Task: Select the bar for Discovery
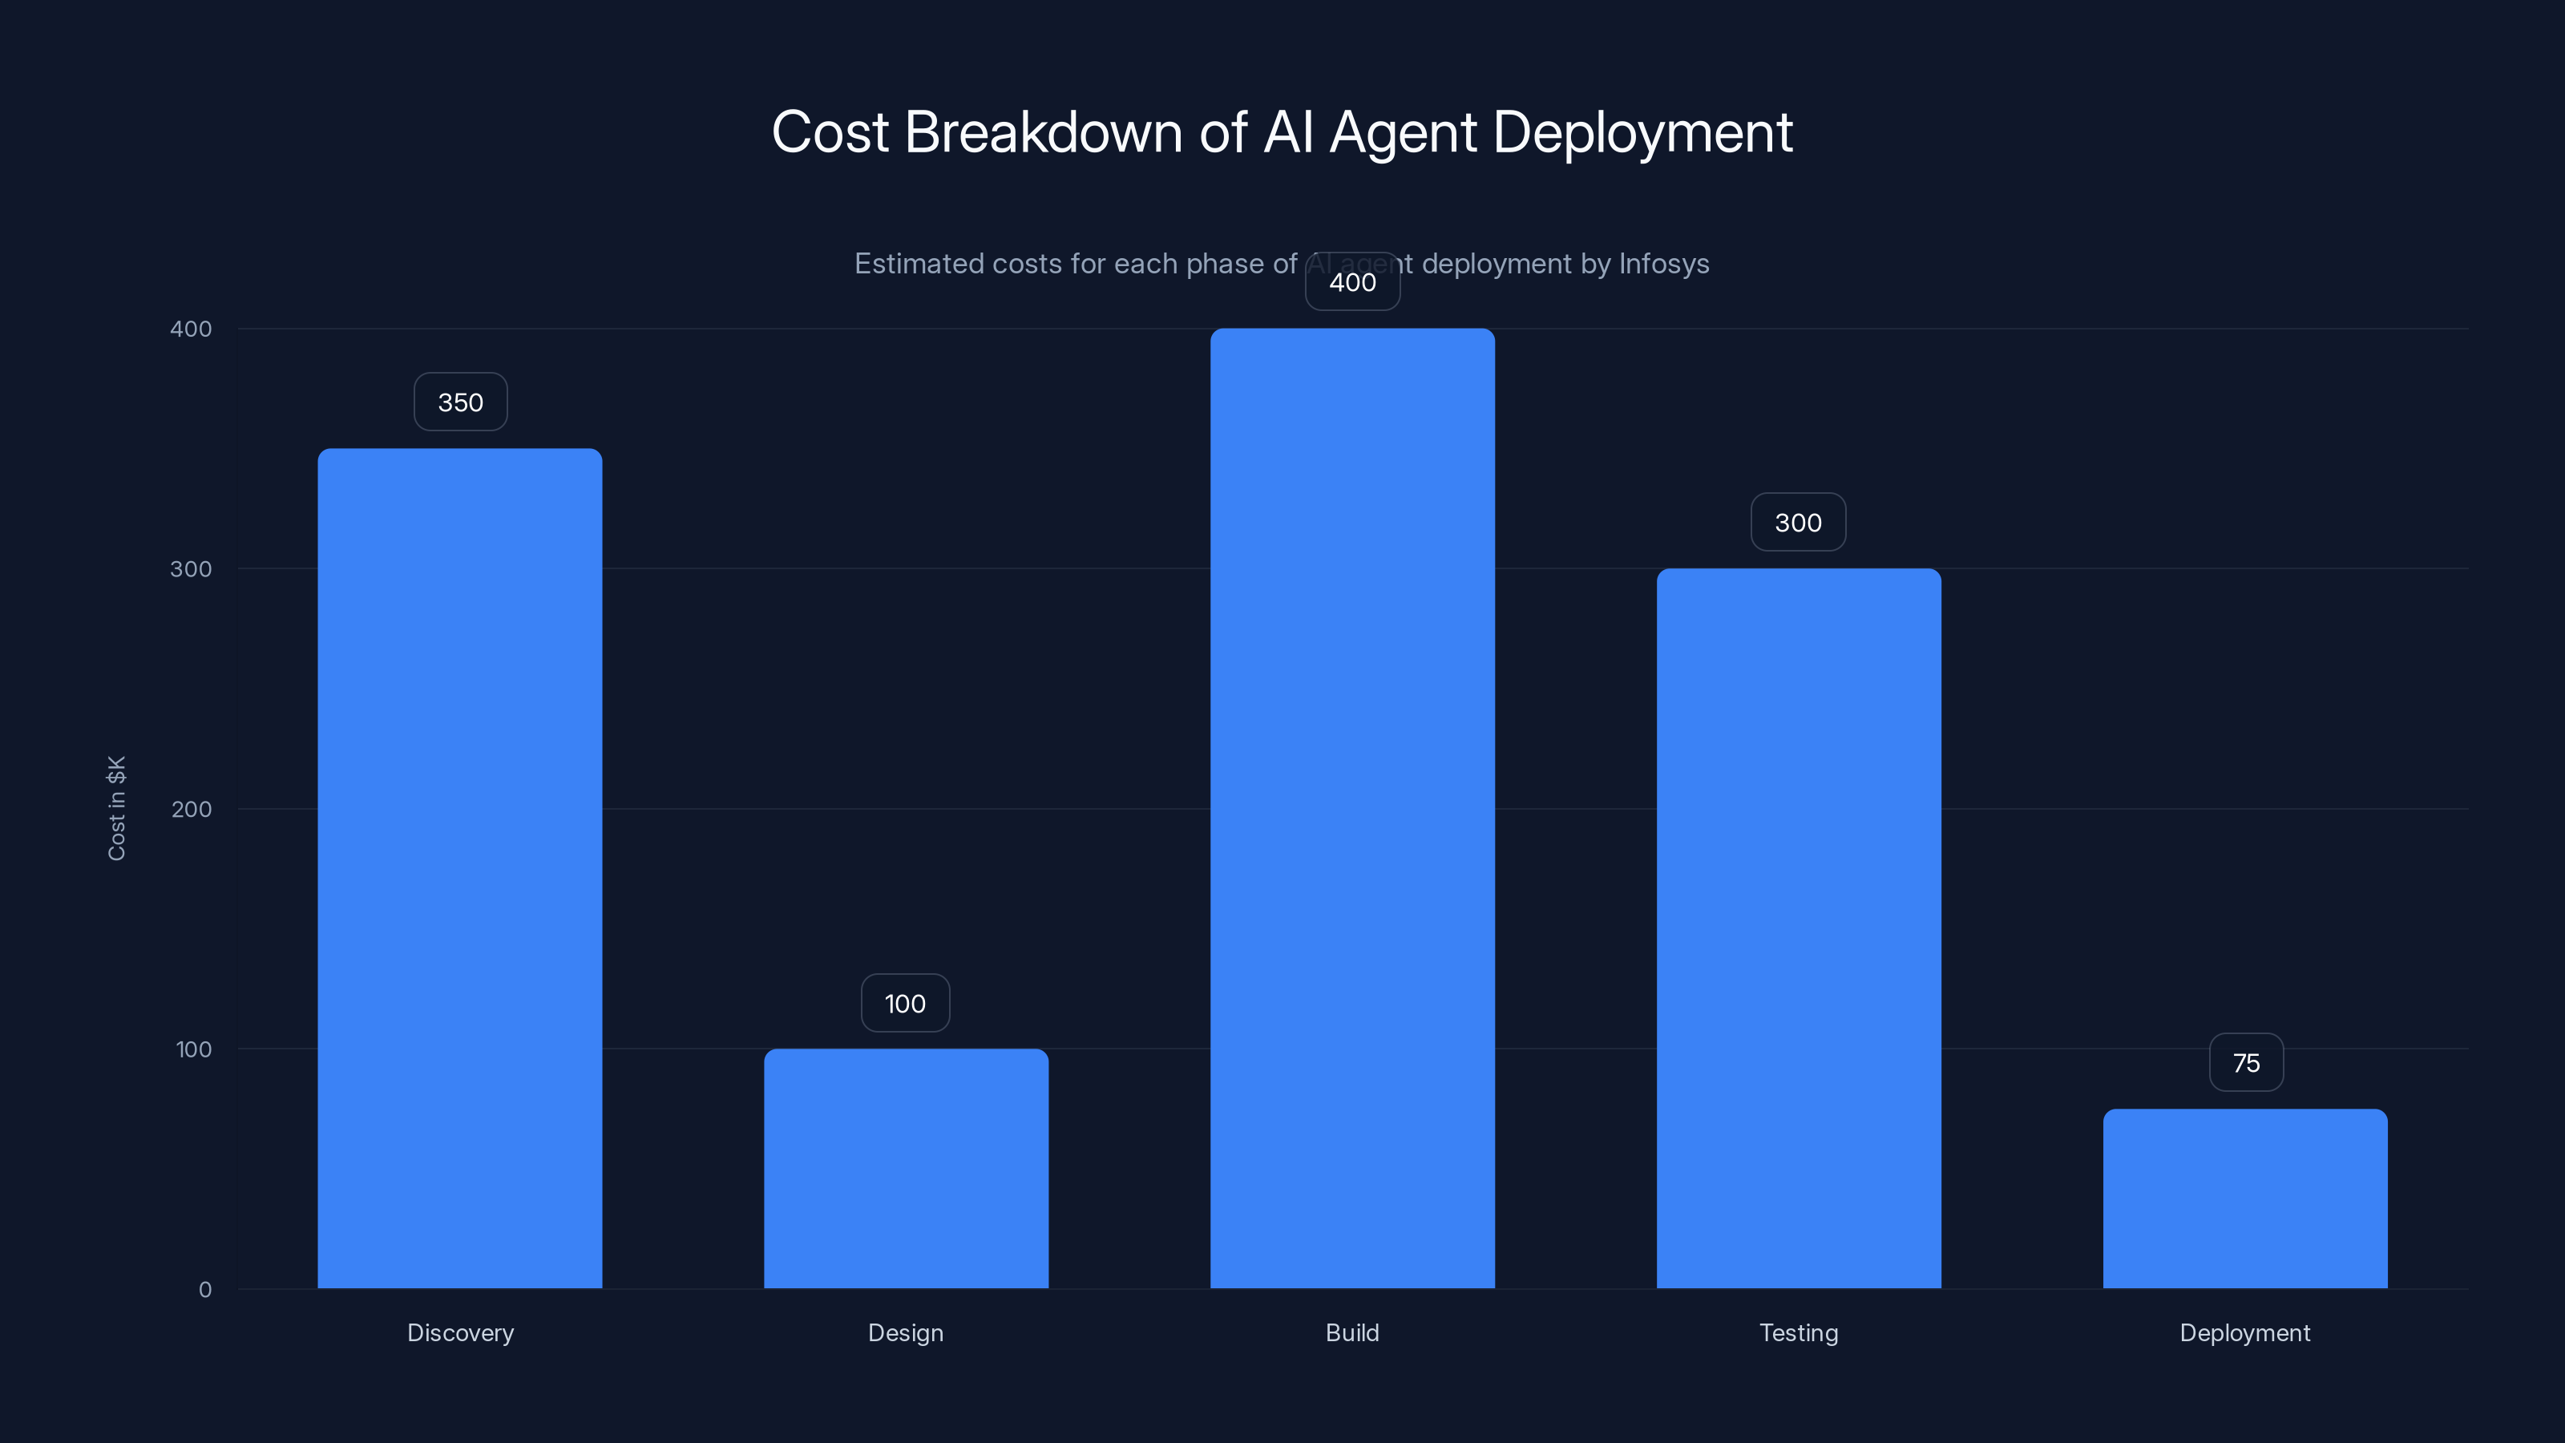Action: click(x=459, y=867)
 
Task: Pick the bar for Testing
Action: click(x=1798, y=928)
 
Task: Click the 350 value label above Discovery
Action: click(x=460, y=402)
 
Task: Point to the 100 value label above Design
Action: click(x=905, y=1004)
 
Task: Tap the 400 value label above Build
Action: click(x=1352, y=283)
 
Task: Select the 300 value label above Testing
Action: click(x=1798, y=523)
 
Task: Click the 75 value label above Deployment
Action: click(x=2245, y=1064)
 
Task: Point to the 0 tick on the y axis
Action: click(x=205, y=1290)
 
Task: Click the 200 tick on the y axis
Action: click(x=192, y=809)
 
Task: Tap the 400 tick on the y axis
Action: click(x=192, y=329)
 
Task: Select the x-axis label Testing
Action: click(x=1798, y=1332)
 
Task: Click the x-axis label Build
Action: click(x=1351, y=1332)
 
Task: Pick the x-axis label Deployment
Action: click(x=2244, y=1332)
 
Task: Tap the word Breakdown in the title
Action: click(x=1044, y=132)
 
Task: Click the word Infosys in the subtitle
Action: click(x=1663, y=264)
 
